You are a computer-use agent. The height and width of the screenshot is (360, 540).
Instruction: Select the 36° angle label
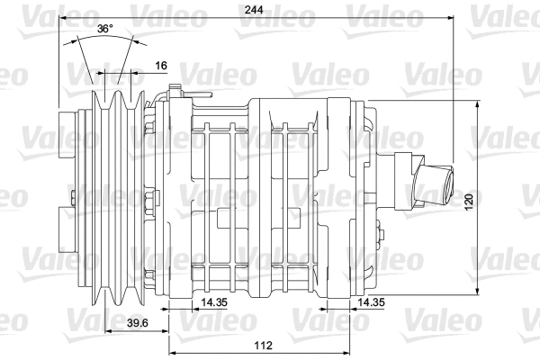(105, 29)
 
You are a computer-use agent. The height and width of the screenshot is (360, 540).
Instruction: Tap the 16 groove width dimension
(160, 65)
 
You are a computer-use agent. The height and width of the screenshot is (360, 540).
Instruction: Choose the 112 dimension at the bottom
(262, 346)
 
